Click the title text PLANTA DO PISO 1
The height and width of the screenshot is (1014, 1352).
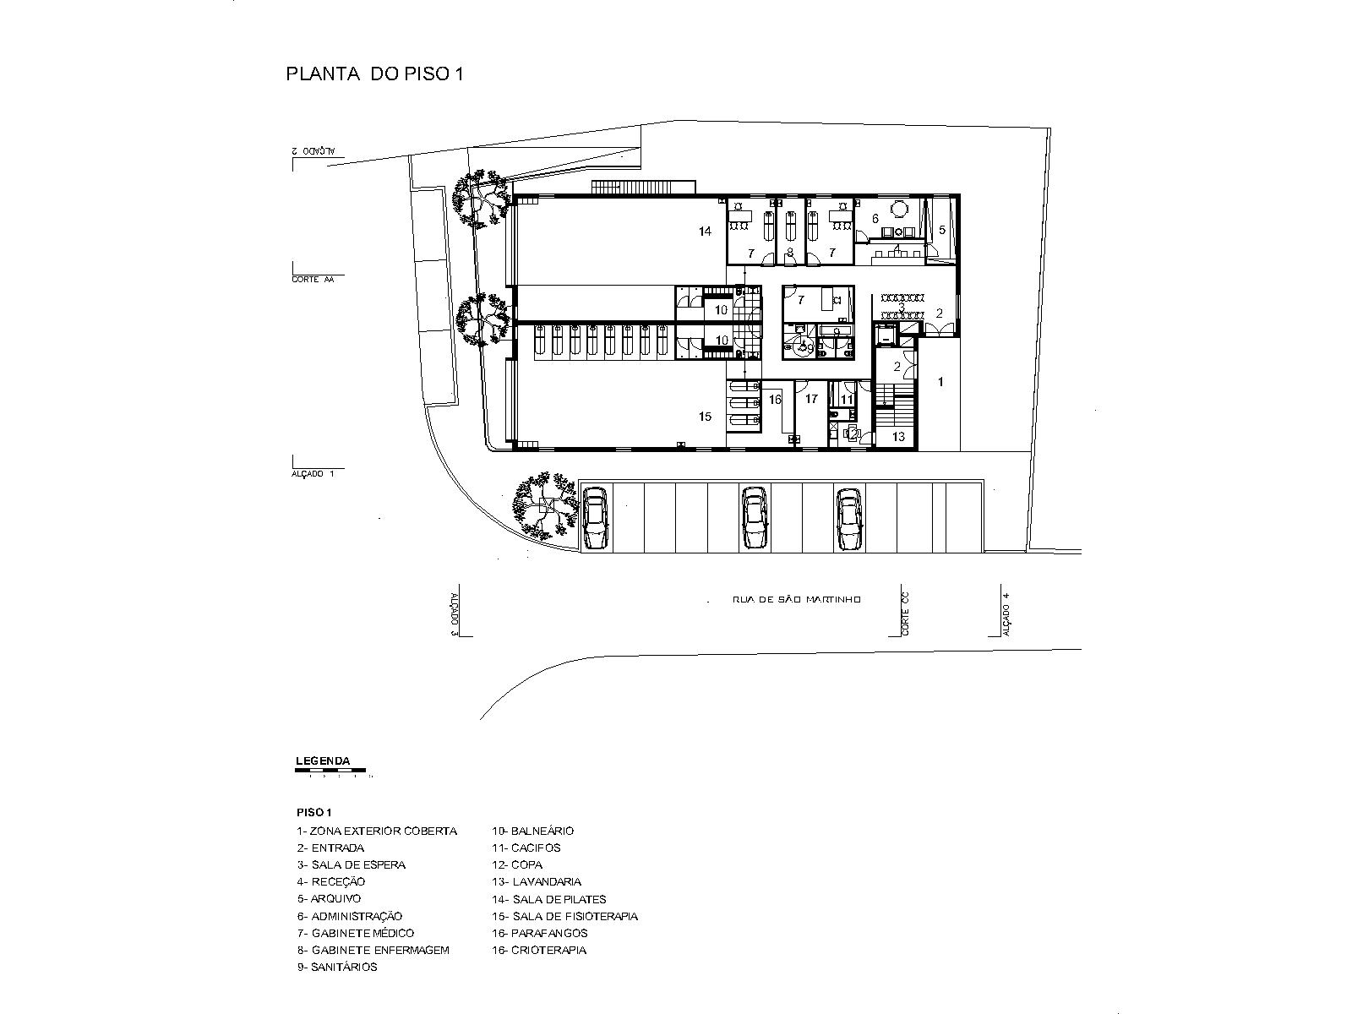tap(375, 74)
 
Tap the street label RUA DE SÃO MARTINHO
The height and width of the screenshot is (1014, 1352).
tap(797, 600)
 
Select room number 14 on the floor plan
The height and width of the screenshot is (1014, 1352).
tap(706, 232)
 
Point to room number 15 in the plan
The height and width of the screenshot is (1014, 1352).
tap(706, 417)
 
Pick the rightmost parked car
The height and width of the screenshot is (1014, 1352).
tap(848, 518)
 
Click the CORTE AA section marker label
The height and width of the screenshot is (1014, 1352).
tap(313, 280)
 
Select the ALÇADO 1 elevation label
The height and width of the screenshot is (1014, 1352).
tap(313, 474)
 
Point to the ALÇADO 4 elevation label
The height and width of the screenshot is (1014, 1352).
tap(1006, 613)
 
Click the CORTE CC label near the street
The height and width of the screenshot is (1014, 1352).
tap(905, 613)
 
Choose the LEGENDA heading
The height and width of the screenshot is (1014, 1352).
tap(323, 761)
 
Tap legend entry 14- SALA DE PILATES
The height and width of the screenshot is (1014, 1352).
tap(549, 899)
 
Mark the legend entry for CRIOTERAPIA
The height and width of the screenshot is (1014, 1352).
tap(539, 950)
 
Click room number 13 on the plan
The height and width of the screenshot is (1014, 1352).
tap(898, 437)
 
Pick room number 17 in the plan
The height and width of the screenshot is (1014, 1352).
tap(811, 399)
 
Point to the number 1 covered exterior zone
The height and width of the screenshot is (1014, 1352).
tap(940, 383)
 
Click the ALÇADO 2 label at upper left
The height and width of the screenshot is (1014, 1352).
tap(313, 150)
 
